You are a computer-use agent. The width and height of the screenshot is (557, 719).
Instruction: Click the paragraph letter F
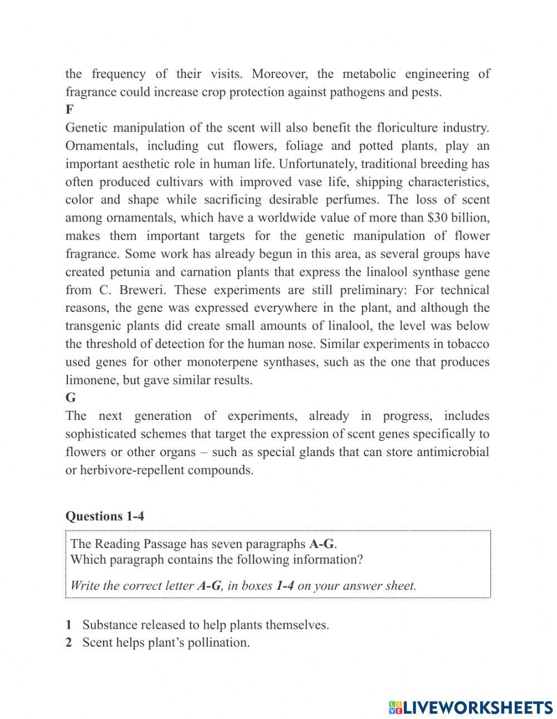click(69, 110)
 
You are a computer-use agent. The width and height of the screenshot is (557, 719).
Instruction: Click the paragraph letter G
click(70, 398)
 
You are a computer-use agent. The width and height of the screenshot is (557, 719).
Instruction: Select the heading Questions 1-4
click(105, 516)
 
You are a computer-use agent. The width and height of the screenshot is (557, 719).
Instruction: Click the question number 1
click(69, 625)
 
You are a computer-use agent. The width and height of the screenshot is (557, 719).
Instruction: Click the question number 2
click(69, 643)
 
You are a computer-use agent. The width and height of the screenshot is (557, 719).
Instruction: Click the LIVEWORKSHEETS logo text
click(477, 707)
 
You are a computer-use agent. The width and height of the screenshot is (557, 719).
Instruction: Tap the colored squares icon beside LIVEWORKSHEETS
click(395, 707)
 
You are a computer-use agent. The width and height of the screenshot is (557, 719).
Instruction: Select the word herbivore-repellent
click(132, 470)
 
